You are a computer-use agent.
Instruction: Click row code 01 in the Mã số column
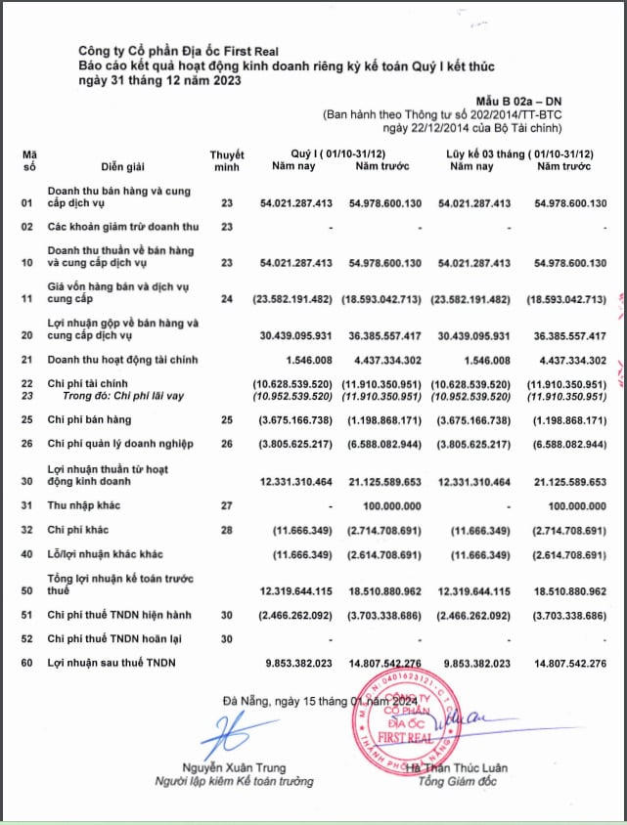click(x=27, y=203)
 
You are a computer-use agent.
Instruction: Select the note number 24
click(x=227, y=298)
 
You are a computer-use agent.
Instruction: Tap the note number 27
click(x=227, y=505)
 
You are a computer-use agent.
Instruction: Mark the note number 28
click(x=227, y=529)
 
